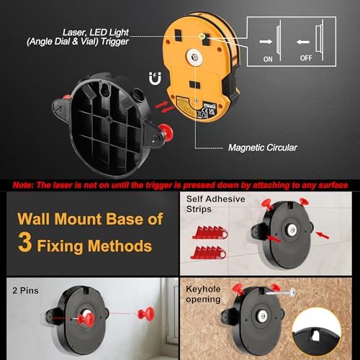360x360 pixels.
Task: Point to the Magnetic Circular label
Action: [x=262, y=147]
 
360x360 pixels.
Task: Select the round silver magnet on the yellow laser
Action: [x=195, y=54]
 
